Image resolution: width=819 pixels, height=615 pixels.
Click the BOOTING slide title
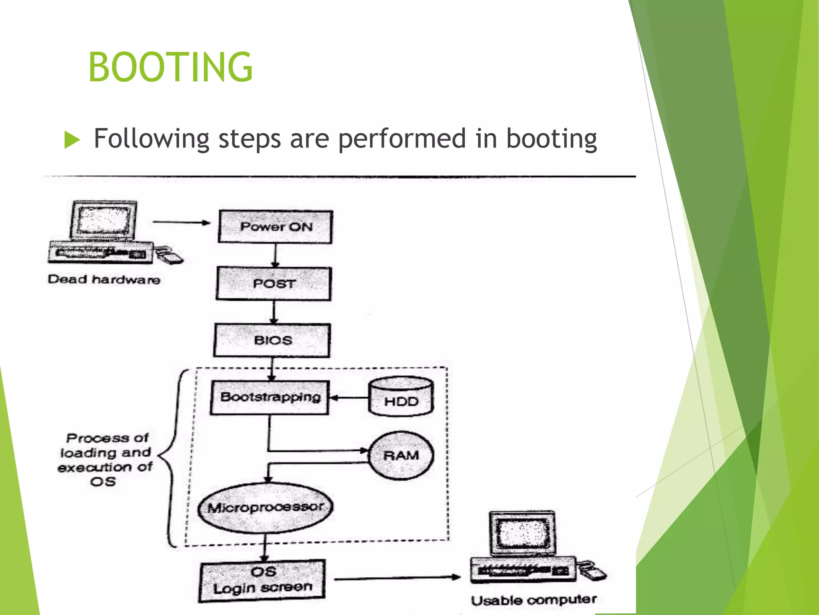(170, 67)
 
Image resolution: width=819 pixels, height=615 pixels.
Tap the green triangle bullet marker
(72, 140)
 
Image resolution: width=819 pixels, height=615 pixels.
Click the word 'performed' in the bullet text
(402, 139)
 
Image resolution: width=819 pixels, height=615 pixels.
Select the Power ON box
(276, 227)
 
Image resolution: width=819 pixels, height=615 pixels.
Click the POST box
(274, 283)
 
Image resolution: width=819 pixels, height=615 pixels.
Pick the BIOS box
(272, 340)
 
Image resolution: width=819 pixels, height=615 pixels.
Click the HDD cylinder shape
(401, 396)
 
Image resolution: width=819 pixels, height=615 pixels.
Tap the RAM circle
(401, 455)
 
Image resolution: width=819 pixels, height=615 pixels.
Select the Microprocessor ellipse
(266, 508)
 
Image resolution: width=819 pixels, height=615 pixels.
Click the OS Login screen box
(262, 580)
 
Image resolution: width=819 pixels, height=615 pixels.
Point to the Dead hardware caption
(104, 279)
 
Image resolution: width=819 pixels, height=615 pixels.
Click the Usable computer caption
(533, 600)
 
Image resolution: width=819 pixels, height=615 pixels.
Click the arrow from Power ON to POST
(275, 255)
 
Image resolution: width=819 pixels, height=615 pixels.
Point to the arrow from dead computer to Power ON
(181, 222)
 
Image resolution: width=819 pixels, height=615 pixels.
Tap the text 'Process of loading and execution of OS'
(105, 459)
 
